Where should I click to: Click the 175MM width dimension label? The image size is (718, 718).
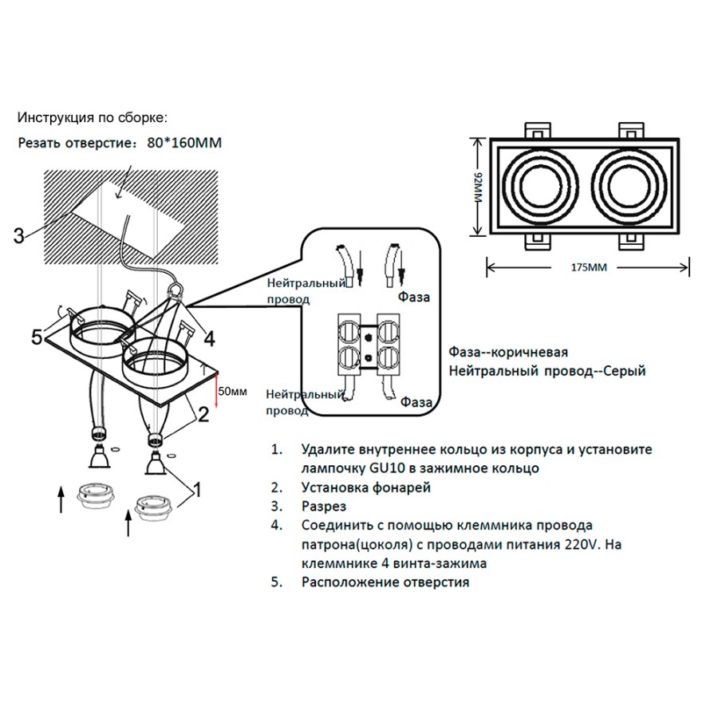[x=589, y=268]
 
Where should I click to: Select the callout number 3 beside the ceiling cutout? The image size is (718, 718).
[x=19, y=235]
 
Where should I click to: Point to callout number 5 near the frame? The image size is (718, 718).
[x=37, y=337]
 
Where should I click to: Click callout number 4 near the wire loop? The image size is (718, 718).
[x=209, y=339]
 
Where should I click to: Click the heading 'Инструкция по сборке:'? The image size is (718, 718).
[x=93, y=118]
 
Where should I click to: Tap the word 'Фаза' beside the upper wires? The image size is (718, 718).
[x=415, y=298]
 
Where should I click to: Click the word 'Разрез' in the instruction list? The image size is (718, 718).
[x=324, y=507]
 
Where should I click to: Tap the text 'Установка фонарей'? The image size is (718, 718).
[x=366, y=487]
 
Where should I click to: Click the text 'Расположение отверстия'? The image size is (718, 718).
[x=385, y=582]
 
